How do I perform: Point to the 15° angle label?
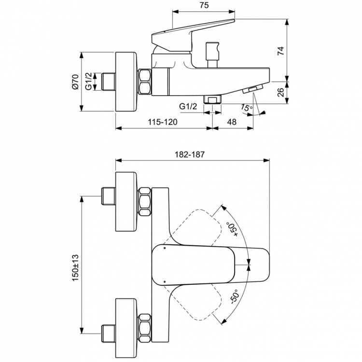247,109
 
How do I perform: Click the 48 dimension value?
232,122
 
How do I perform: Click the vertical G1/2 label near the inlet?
89,81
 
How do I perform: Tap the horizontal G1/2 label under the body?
188,106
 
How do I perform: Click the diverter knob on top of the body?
211,54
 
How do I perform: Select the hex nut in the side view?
145,82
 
